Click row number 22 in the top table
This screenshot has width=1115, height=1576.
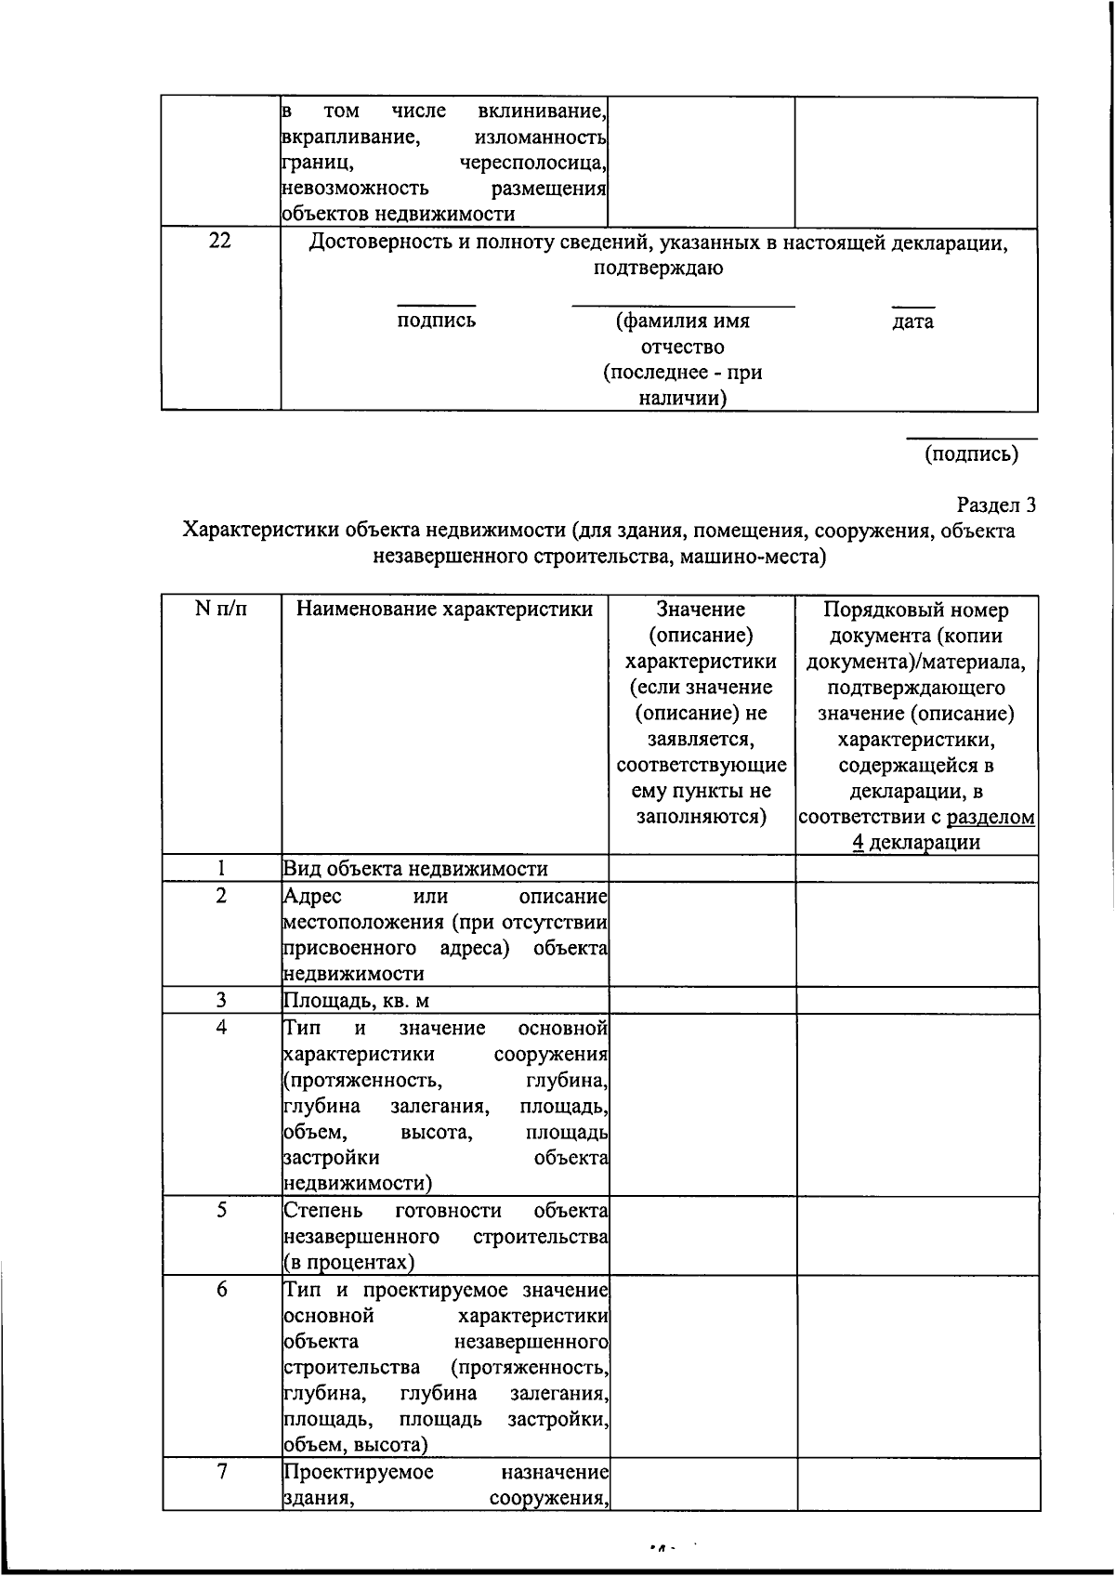(220, 242)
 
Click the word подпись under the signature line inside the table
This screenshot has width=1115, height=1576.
(436, 321)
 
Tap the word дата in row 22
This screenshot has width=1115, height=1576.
(912, 322)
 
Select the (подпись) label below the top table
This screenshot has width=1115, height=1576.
(971, 454)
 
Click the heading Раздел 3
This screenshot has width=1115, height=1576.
(995, 506)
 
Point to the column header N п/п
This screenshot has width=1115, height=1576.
(221, 611)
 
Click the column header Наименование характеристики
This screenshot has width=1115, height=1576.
(444, 611)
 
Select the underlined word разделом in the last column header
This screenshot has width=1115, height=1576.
(990, 818)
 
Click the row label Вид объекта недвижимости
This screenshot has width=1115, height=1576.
(415, 869)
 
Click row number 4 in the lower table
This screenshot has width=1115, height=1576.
(221, 1028)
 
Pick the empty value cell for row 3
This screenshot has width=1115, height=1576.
(702, 1001)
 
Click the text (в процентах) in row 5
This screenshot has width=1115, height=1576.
(348, 1263)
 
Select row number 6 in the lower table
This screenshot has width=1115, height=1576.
(221, 1291)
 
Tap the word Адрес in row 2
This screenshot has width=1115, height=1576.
(312, 897)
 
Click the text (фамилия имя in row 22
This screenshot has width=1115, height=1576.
(683, 322)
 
